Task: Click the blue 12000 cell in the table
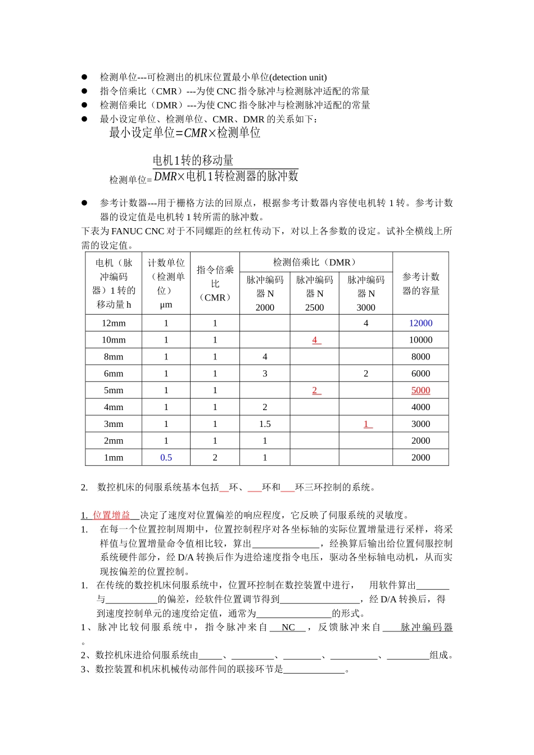coord(420,323)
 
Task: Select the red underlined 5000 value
coord(420,390)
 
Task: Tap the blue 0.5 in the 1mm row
coord(166,458)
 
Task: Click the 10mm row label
coord(114,340)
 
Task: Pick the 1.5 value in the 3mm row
coord(265,424)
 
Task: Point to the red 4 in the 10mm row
coord(315,340)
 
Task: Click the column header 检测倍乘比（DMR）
coord(315,262)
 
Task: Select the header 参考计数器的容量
coord(420,284)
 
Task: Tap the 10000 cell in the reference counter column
coord(420,340)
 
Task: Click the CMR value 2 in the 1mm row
coord(215,458)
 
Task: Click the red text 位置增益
coord(111,515)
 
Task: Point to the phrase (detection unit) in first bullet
coord(298,78)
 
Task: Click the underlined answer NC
coord(288,627)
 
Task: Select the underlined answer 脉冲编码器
coord(426,627)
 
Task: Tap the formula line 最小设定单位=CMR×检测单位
coord(185,133)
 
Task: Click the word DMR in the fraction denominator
coord(165,176)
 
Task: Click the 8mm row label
coord(114,357)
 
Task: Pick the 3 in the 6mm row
coord(265,374)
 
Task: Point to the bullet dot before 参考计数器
coord(84,203)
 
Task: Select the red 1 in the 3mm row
coord(366,424)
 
